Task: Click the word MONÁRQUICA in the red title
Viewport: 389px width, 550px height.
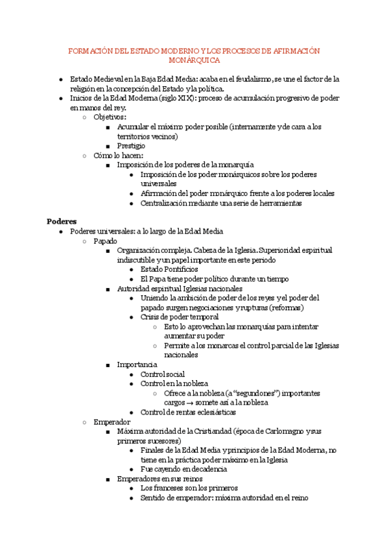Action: pos(194,60)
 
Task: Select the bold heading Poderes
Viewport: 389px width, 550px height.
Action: pos(62,221)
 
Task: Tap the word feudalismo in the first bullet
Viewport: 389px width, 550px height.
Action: pos(250,79)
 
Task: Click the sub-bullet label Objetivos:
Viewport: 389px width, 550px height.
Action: pos(110,117)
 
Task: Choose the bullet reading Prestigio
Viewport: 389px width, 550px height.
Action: pos(131,146)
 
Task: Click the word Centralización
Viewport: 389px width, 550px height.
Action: pos(168,203)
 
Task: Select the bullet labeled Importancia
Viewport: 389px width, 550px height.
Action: pos(137,365)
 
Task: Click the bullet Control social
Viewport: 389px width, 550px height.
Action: pos(162,374)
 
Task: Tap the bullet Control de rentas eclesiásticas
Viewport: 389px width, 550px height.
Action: pos(188,413)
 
